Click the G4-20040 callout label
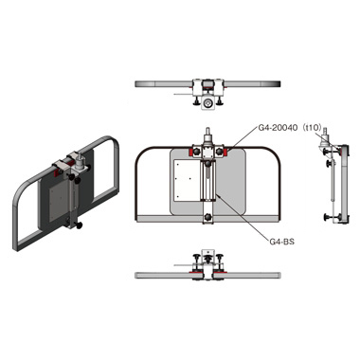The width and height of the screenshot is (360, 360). [x=278, y=128]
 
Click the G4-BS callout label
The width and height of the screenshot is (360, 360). [x=281, y=242]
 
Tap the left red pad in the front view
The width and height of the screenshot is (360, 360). [x=190, y=152]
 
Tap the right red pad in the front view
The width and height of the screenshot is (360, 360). [x=225, y=152]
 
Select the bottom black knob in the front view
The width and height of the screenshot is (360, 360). [x=207, y=217]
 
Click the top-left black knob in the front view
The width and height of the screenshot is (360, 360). [x=197, y=152]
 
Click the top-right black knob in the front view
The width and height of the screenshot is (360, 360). [x=219, y=152]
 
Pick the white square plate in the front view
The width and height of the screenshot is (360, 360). [x=187, y=180]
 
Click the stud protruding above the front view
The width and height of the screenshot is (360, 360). [x=207, y=131]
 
